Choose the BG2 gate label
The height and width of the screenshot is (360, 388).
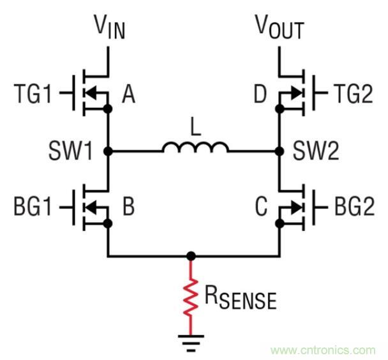tap(357, 207)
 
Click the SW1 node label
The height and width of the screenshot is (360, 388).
tap(70, 151)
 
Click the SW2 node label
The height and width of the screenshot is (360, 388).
tap(318, 151)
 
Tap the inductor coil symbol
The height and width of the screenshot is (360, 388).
tap(195, 148)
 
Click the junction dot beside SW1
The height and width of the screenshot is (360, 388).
tap(108, 151)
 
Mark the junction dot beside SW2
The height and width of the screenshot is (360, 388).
tap(279, 151)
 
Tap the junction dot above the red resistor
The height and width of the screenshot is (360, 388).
tap(190, 257)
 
